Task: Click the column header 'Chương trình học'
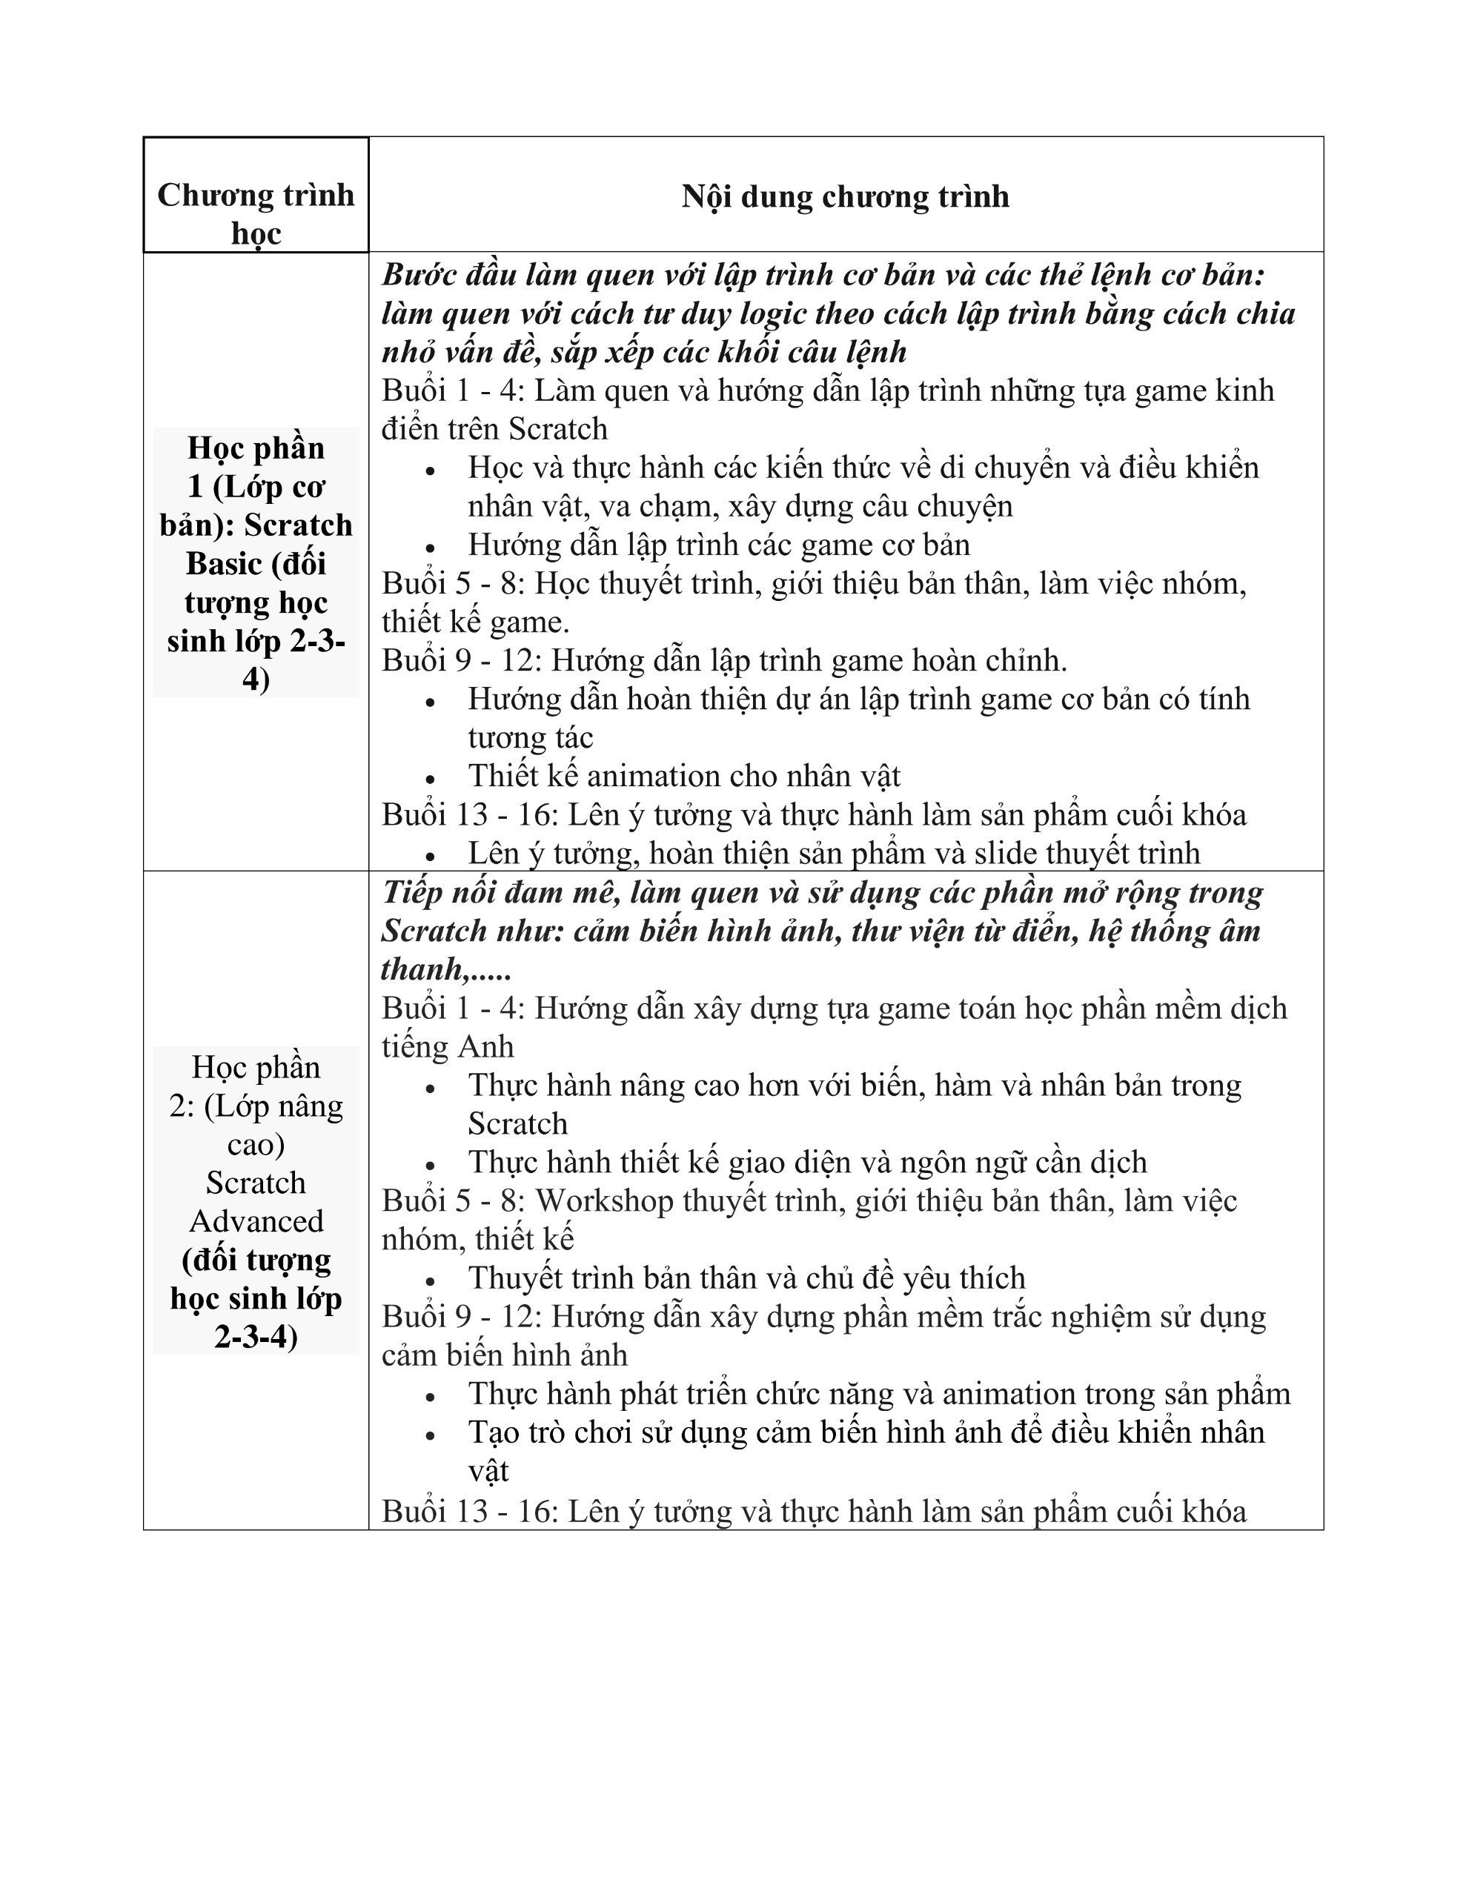256,213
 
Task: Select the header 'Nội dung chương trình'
845,196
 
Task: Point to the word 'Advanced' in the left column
256,1221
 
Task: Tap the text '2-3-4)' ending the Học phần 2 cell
256,1337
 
